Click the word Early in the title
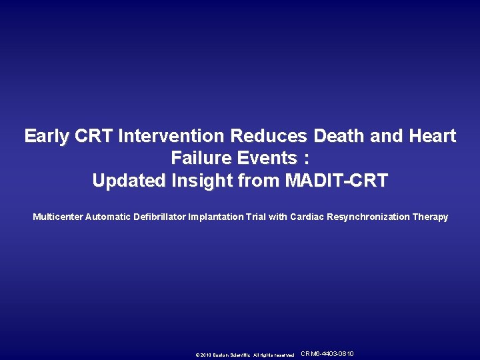[47, 137]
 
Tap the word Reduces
[269, 137]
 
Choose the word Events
[270, 159]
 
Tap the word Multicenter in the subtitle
[58, 217]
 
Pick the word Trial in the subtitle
[257, 217]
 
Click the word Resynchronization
[367, 217]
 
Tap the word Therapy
[431, 217]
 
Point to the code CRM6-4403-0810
[328, 354]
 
